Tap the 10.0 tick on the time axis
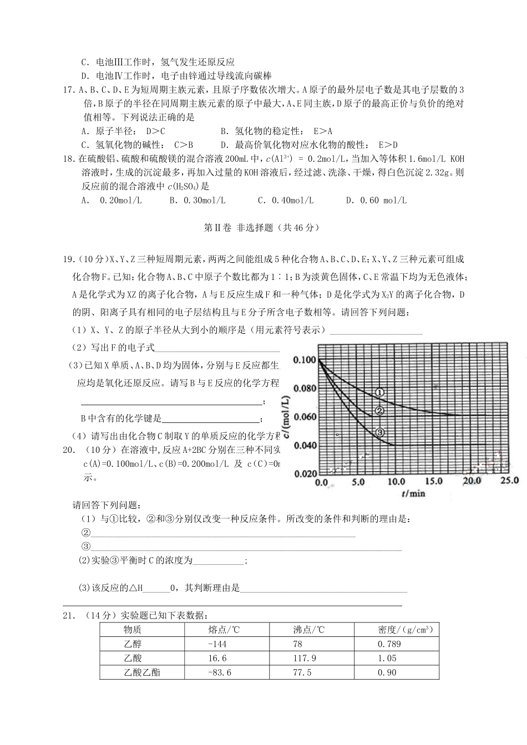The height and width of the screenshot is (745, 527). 396,482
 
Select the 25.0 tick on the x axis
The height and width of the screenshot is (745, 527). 508,480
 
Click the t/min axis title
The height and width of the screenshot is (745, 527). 413,493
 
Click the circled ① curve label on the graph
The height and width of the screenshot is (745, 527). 380,392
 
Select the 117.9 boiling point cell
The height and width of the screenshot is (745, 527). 305,658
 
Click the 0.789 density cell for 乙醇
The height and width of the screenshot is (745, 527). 389,644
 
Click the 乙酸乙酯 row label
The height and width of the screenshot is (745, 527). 142,672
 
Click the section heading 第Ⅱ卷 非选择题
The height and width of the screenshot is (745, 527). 262,227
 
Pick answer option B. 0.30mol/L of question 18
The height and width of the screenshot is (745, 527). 197,201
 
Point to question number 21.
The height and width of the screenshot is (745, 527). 69,615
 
